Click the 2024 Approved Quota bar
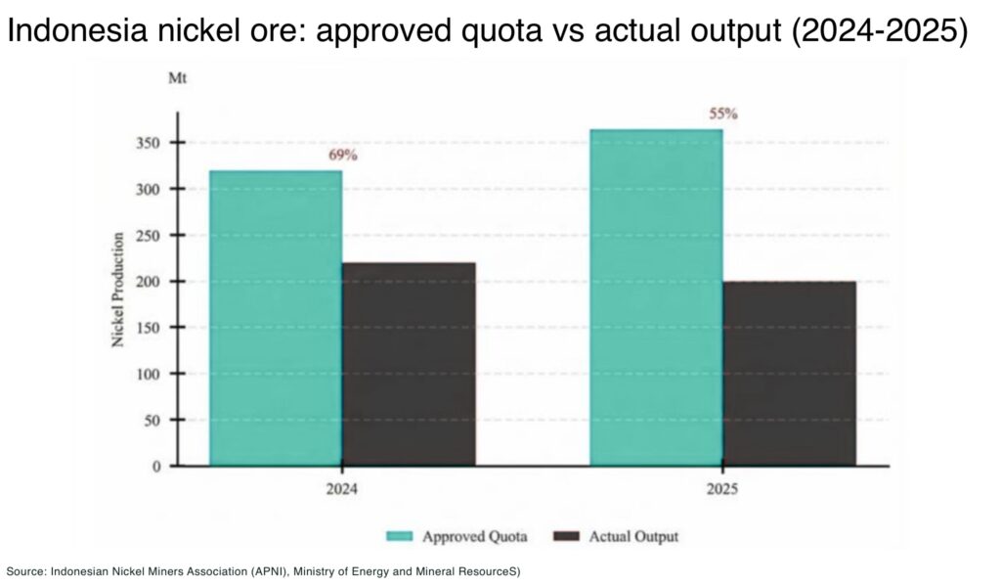(276, 318)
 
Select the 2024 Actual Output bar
(409, 364)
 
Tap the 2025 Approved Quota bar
(656, 297)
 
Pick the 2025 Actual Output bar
(789, 373)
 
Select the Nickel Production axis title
(117, 290)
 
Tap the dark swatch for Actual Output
(567, 536)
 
